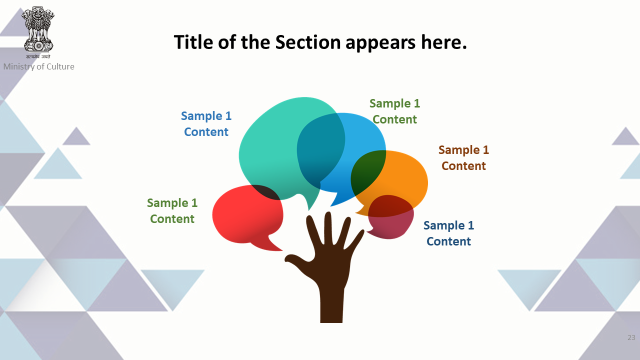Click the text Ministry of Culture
(x=39, y=66)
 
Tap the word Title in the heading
(x=193, y=42)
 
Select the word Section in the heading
(x=307, y=42)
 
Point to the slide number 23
(x=631, y=337)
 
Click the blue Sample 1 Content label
(x=206, y=123)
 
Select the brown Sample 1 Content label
(x=463, y=157)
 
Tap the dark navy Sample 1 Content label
(x=448, y=233)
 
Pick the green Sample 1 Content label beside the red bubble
(x=172, y=211)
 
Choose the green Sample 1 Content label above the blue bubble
(x=394, y=111)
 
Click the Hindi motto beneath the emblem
(x=38, y=56)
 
